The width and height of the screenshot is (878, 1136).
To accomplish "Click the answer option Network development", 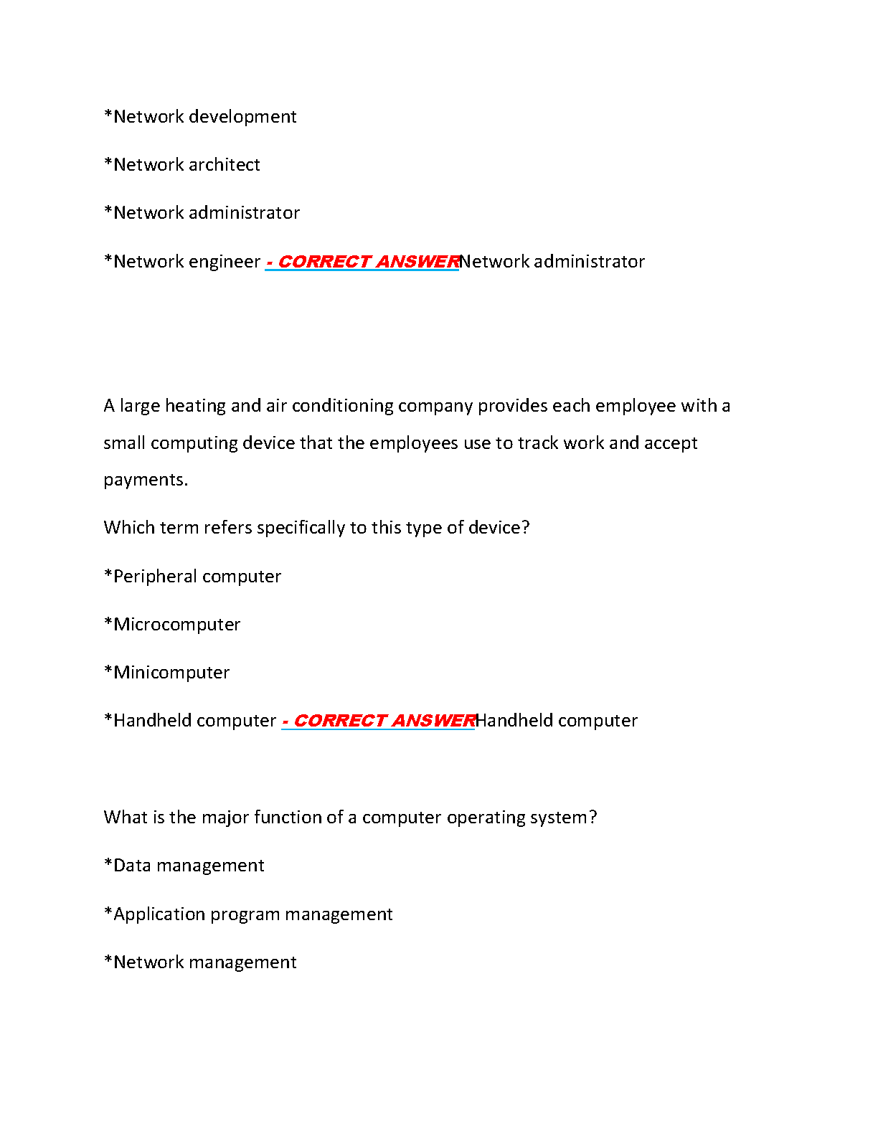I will [200, 117].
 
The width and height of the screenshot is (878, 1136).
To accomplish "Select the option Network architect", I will [182, 165].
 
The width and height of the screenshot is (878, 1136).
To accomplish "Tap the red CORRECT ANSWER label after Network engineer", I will [362, 262].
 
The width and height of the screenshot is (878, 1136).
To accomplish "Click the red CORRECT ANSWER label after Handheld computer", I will [378, 721].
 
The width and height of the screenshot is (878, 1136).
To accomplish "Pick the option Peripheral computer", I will [192, 577].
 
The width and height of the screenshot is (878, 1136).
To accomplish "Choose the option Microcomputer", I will [172, 625].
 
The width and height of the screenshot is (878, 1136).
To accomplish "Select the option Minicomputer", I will [167, 673].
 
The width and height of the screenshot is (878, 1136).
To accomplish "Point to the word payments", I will [146, 480].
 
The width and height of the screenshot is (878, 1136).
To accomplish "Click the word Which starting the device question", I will [129, 528].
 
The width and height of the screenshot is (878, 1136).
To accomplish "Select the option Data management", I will [184, 866].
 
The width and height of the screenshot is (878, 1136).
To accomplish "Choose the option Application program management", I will [249, 914].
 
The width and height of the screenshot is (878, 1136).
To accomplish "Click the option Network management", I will [200, 962].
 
